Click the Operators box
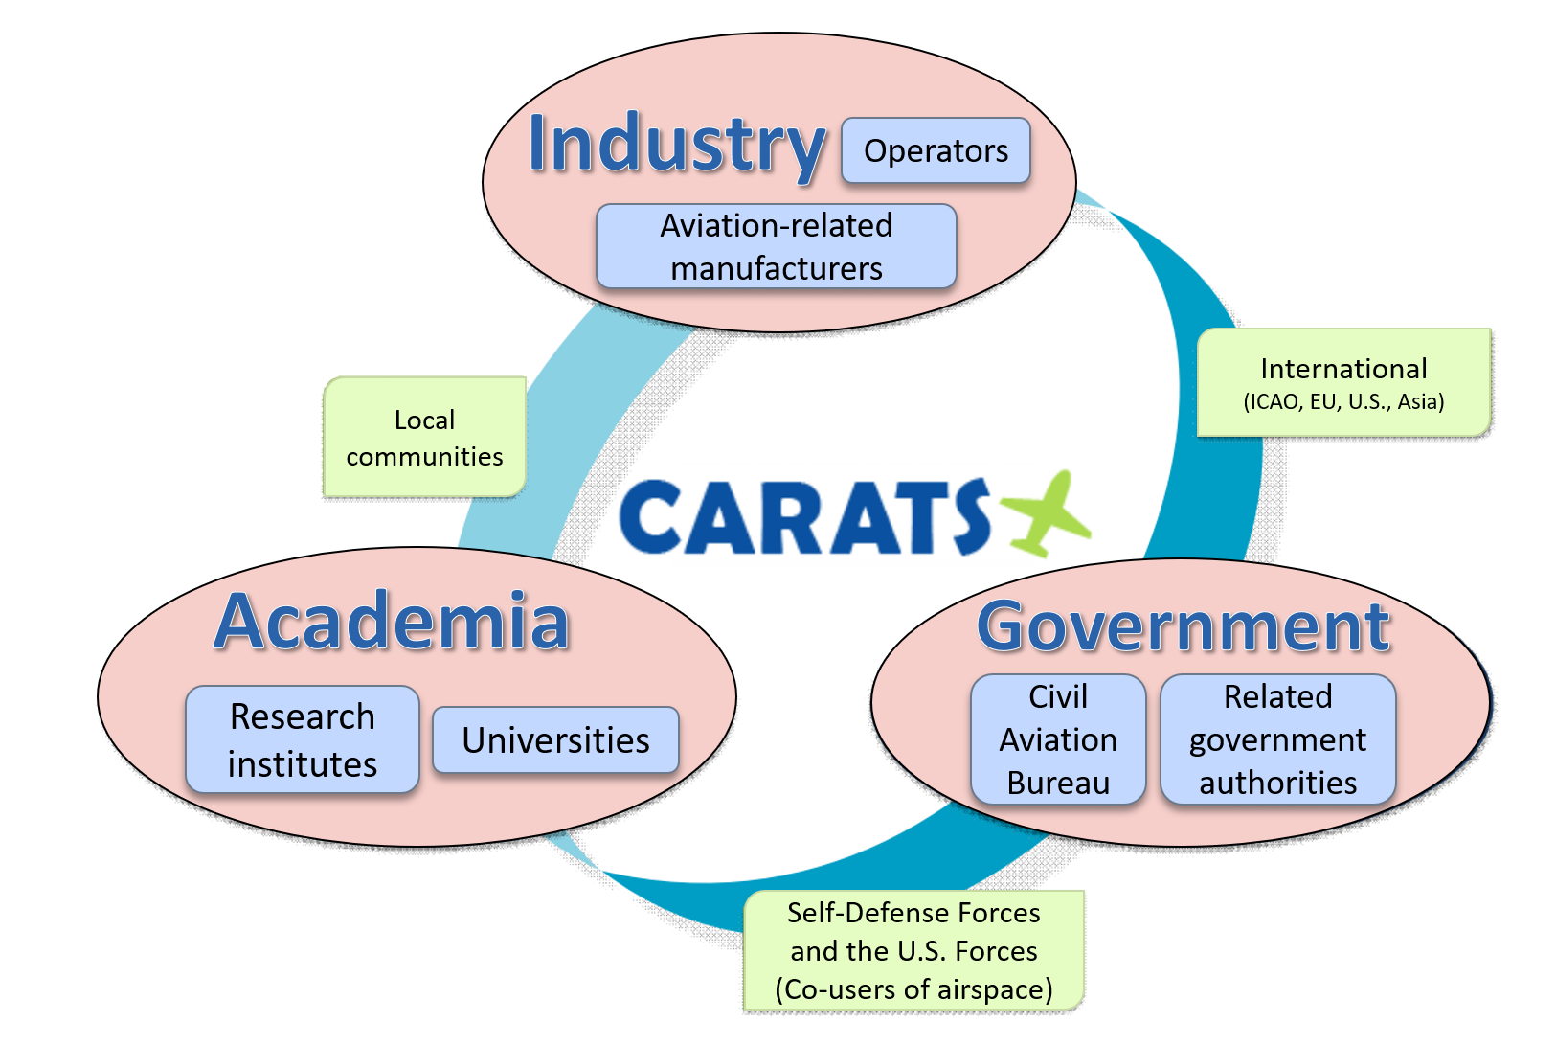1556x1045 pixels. point(936,150)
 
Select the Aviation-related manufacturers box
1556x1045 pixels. point(776,246)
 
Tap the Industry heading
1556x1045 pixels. point(677,145)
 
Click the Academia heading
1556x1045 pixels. point(393,621)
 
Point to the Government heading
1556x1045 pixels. point(1183,626)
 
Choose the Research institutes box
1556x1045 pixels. point(303,739)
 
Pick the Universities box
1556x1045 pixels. point(555,740)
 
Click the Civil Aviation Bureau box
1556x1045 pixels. point(1058,739)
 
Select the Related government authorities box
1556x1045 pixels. point(1278,739)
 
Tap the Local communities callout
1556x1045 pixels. point(424,437)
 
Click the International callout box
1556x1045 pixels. point(1343,383)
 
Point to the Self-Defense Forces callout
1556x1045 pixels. point(913,950)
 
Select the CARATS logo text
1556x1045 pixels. point(804,516)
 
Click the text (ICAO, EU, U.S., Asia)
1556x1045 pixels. point(1343,401)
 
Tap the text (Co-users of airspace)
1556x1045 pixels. point(913,989)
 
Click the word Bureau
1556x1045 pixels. point(1058,784)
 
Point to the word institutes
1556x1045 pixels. point(303,764)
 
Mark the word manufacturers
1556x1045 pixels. point(776,269)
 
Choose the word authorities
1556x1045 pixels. point(1278,784)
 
